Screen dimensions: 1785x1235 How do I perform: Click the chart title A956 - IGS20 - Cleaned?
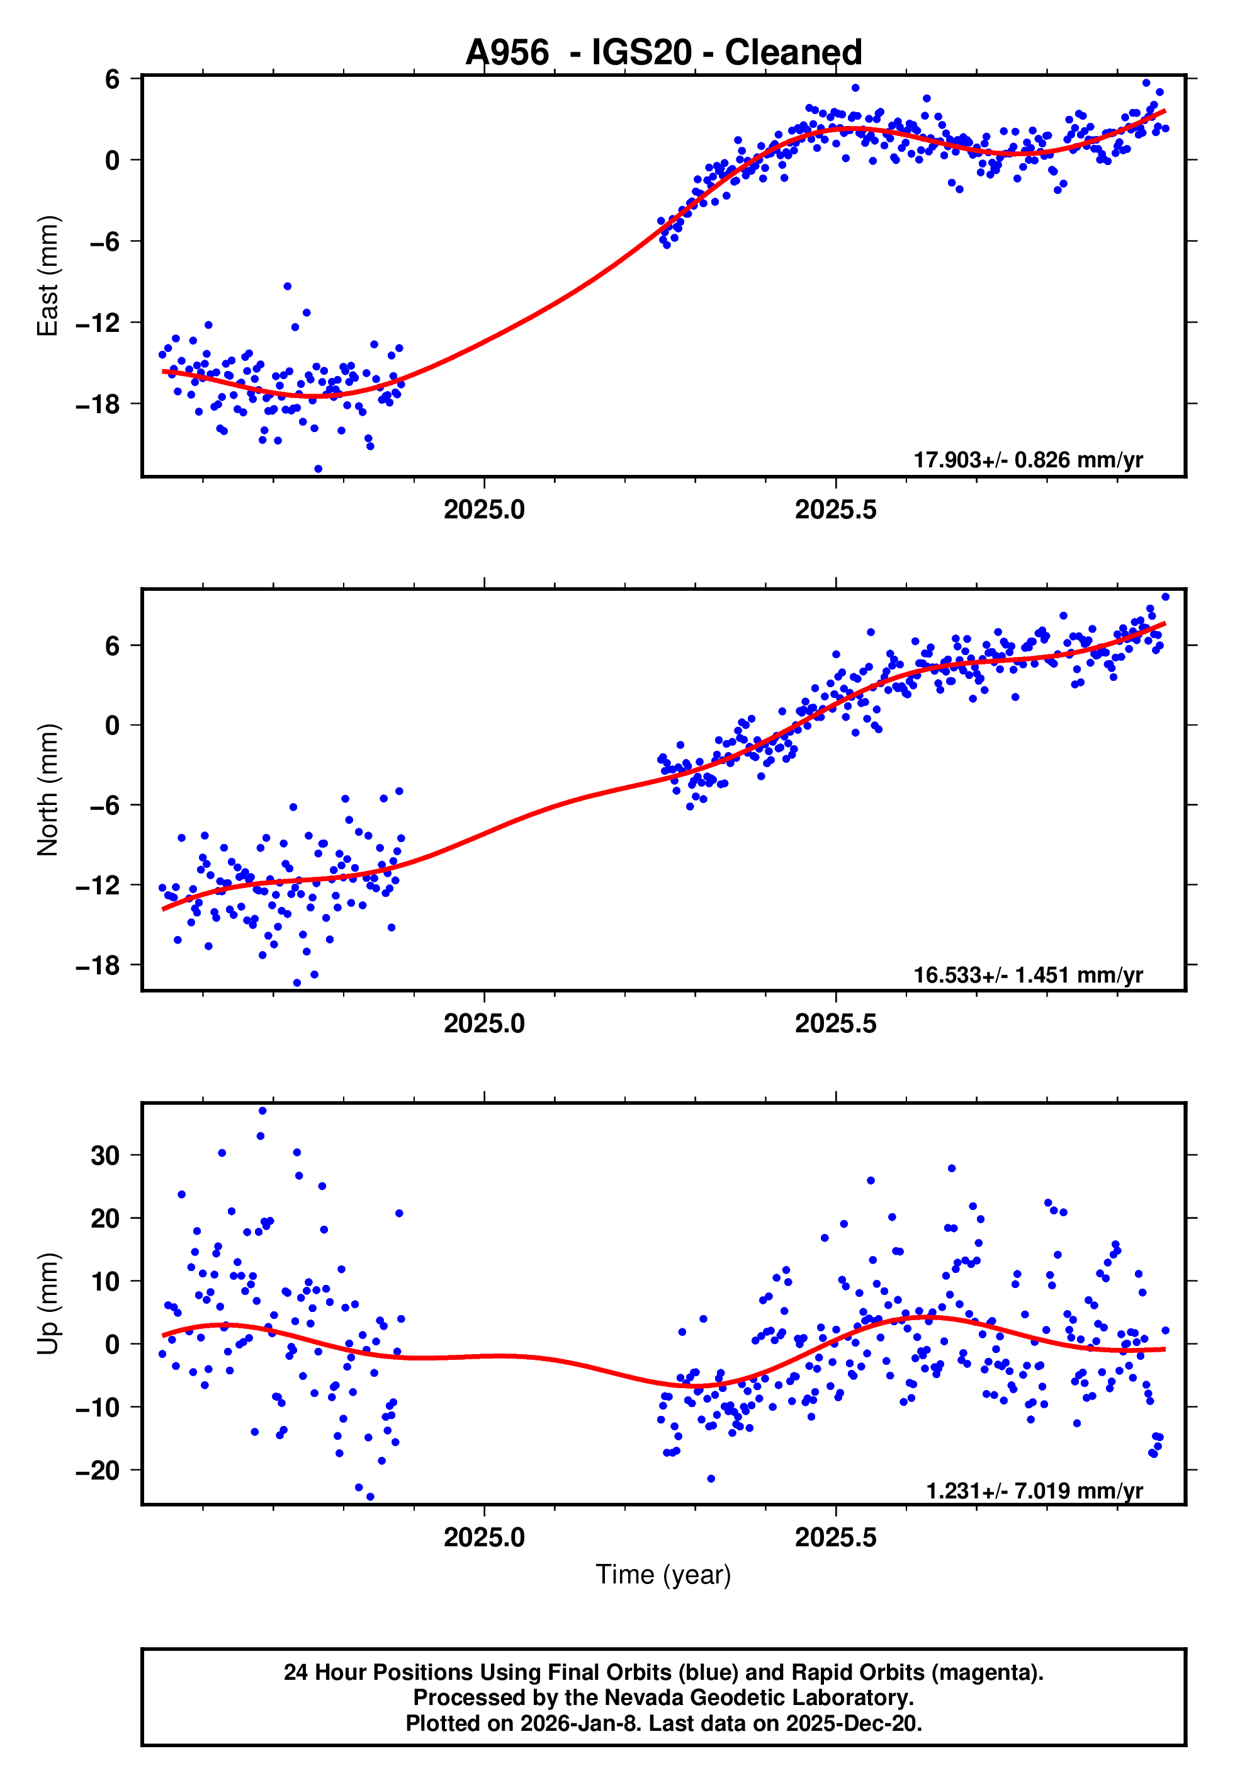click(663, 53)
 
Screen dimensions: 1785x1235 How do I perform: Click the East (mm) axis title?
click(48, 276)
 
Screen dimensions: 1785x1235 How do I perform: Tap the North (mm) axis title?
click(48, 790)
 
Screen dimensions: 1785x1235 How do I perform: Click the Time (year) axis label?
click(663, 1575)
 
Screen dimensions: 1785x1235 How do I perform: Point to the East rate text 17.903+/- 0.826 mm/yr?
click(1028, 460)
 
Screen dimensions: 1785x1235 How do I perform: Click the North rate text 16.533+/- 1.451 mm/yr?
click(1028, 975)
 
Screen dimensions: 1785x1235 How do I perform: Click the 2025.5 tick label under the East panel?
click(836, 510)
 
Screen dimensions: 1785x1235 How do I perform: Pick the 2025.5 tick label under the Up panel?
click(836, 1537)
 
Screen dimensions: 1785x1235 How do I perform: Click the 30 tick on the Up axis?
click(105, 1156)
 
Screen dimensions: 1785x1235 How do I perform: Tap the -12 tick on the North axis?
click(98, 885)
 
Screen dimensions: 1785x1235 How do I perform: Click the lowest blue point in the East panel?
click(318, 469)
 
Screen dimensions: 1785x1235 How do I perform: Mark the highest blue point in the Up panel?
click(262, 1111)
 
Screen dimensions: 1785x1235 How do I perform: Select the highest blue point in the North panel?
click(1165, 597)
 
